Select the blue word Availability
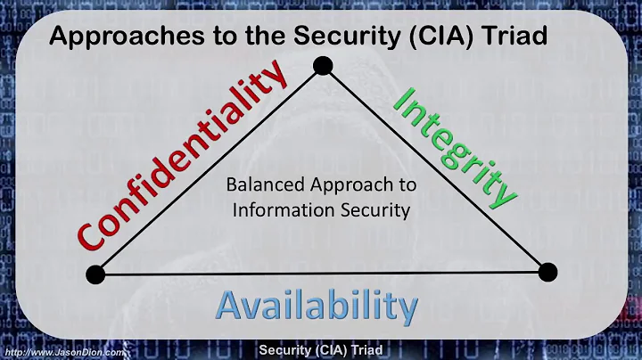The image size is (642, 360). (317, 306)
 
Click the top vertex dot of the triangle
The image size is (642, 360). (322, 65)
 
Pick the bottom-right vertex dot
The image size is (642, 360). (547, 272)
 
